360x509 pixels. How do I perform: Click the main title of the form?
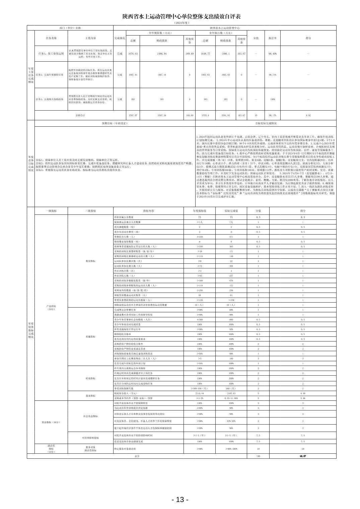click(x=182, y=17)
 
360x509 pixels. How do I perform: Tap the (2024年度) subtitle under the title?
click(x=182, y=23)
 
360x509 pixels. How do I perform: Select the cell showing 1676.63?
click(x=133, y=54)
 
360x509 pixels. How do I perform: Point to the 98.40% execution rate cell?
click(x=272, y=54)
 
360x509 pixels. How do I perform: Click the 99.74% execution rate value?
click(x=272, y=75)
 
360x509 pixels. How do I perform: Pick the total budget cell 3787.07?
click(x=133, y=115)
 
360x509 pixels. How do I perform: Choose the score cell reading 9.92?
click(x=308, y=115)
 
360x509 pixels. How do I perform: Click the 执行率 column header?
click(x=272, y=38)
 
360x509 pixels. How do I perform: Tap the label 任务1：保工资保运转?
click(x=51, y=54)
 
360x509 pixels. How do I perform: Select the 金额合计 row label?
click(x=80, y=115)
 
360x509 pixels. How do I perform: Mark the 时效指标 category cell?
click(x=90, y=378)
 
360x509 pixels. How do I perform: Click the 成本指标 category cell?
click(x=90, y=396)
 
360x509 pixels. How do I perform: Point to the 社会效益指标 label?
click(x=90, y=416)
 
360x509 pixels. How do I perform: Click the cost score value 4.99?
click(x=303, y=393)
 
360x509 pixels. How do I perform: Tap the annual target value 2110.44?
click(x=200, y=393)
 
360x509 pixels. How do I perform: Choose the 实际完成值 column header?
click(x=231, y=211)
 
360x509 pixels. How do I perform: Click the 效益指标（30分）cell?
click(x=51, y=422)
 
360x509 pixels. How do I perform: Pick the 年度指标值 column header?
click(x=200, y=211)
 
